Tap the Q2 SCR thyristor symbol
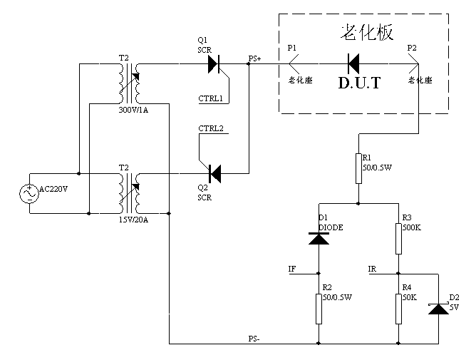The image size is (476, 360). click(213, 173)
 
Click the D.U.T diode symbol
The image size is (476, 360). click(352, 63)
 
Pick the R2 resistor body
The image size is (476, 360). click(318, 307)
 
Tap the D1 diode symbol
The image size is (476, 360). click(318, 237)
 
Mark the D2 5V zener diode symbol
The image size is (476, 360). click(438, 307)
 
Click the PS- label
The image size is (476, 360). click(254, 339)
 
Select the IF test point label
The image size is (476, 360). click(291, 269)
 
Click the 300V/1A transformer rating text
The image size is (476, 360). click(132, 110)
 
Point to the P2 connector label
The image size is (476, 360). click(412, 48)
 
